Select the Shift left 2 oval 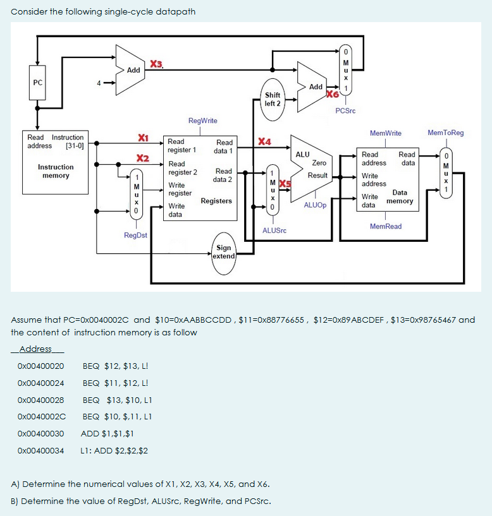[273, 99]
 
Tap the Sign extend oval [223, 252]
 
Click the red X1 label [143, 138]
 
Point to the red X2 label [143, 157]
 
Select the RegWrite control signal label [202, 120]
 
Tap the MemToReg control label [445, 133]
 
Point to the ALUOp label [315, 205]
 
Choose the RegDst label [135, 235]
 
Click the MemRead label [385, 226]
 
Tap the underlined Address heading [37, 349]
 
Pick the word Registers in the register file [216, 201]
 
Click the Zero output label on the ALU [319, 163]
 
